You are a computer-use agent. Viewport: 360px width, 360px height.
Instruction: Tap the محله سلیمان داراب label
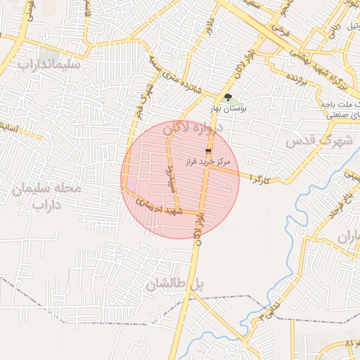47,198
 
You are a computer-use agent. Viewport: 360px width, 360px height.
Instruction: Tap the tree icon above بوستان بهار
227,98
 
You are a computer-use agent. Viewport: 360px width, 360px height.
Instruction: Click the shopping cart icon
208,151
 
